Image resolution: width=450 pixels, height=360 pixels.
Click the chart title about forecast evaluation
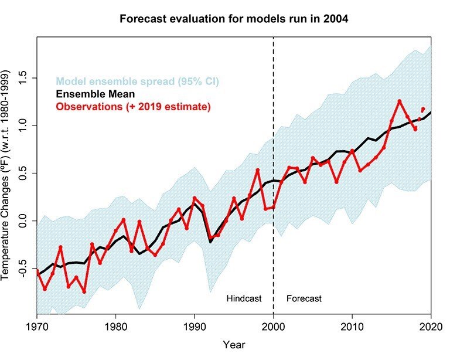[234, 18]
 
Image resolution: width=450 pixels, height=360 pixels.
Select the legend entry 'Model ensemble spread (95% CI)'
[137, 81]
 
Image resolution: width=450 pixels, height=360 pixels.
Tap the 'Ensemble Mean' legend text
[96, 94]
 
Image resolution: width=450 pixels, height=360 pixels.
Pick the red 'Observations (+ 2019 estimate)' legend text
[133, 107]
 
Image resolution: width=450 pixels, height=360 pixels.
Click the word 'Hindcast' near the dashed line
[243, 298]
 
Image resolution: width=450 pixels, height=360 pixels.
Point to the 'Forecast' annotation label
[304, 298]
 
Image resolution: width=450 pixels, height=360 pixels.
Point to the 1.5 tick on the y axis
[22, 78]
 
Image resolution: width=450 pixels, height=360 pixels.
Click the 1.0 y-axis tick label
[22, 125]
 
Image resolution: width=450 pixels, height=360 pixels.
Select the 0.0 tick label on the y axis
[22, 221]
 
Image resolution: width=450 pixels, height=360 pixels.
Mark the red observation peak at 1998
[258, 170]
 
